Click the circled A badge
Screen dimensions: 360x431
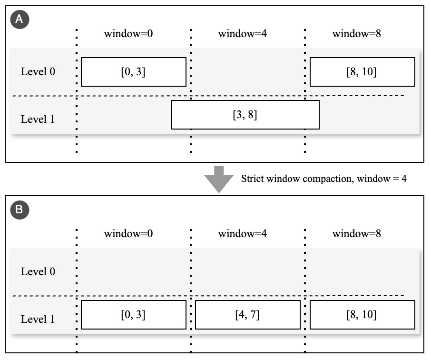coord(20,19)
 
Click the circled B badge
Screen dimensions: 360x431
coord(20,210)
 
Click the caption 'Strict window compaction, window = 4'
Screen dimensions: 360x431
coord(323,179)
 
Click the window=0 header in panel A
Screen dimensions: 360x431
coord(128,34)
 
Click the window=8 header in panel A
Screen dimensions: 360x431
coord(356,34)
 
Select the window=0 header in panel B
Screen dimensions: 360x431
coord(128,234)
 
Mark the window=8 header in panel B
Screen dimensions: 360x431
coord(356,234)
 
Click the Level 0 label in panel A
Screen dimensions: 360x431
coord(38,72)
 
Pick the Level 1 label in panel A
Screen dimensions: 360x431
coord(38,119)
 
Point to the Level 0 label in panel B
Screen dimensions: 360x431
coord(38,272)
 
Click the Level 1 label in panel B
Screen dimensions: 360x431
coord(38,319)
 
